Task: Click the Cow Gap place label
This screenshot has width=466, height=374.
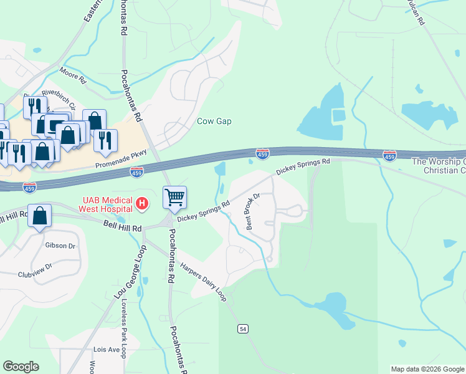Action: [214, 121]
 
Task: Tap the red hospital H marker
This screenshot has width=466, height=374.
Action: [143, 203]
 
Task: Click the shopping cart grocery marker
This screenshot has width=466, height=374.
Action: [175, 198]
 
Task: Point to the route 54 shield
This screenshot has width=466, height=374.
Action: [243, 328]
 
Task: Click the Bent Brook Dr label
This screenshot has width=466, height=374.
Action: [252, 211]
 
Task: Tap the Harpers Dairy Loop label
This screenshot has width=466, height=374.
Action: [203, 282]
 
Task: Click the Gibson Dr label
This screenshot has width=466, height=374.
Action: [60, 246]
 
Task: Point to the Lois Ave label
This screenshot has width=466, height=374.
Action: [106, 350]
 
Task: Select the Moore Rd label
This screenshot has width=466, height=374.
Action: [73, 77]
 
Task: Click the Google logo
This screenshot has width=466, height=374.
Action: [21, 367]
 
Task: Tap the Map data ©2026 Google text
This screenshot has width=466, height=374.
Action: [427, 369]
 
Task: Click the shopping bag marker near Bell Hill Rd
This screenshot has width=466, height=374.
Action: [39, 216]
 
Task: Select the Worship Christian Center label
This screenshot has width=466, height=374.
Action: [439, 166]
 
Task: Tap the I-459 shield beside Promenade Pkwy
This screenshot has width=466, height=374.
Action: [136, 171]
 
